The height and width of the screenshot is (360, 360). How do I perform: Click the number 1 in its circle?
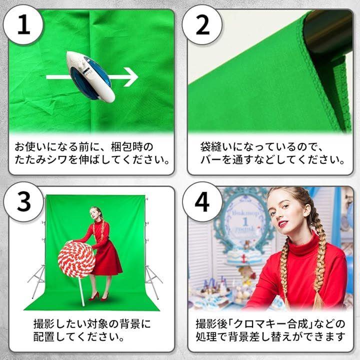pyautogui.click(x=23, y=24)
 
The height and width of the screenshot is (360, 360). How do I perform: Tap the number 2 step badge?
pyautogui.click(x=202, y=25)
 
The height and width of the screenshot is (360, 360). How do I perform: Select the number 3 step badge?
pyautogui.click(x=23, y=202)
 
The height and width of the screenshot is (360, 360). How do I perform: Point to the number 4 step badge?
pyautogui.click(x=202, y=202)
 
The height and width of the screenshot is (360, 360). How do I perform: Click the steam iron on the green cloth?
pyautogui.click(x=90, y=76)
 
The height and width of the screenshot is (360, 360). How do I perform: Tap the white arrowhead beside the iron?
pyautogui.click(x=131, y=77)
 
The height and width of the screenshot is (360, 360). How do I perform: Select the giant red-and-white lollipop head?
pyautogui.click(x=76, y=259)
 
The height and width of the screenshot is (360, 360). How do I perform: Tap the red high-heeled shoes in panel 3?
pyautogui.click(x=98, y=296)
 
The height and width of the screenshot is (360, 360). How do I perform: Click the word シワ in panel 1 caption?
pyautogui.click(x=57, y=159)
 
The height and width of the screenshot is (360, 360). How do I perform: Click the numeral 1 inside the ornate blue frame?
pyautogui.click(x=245, y=222)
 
